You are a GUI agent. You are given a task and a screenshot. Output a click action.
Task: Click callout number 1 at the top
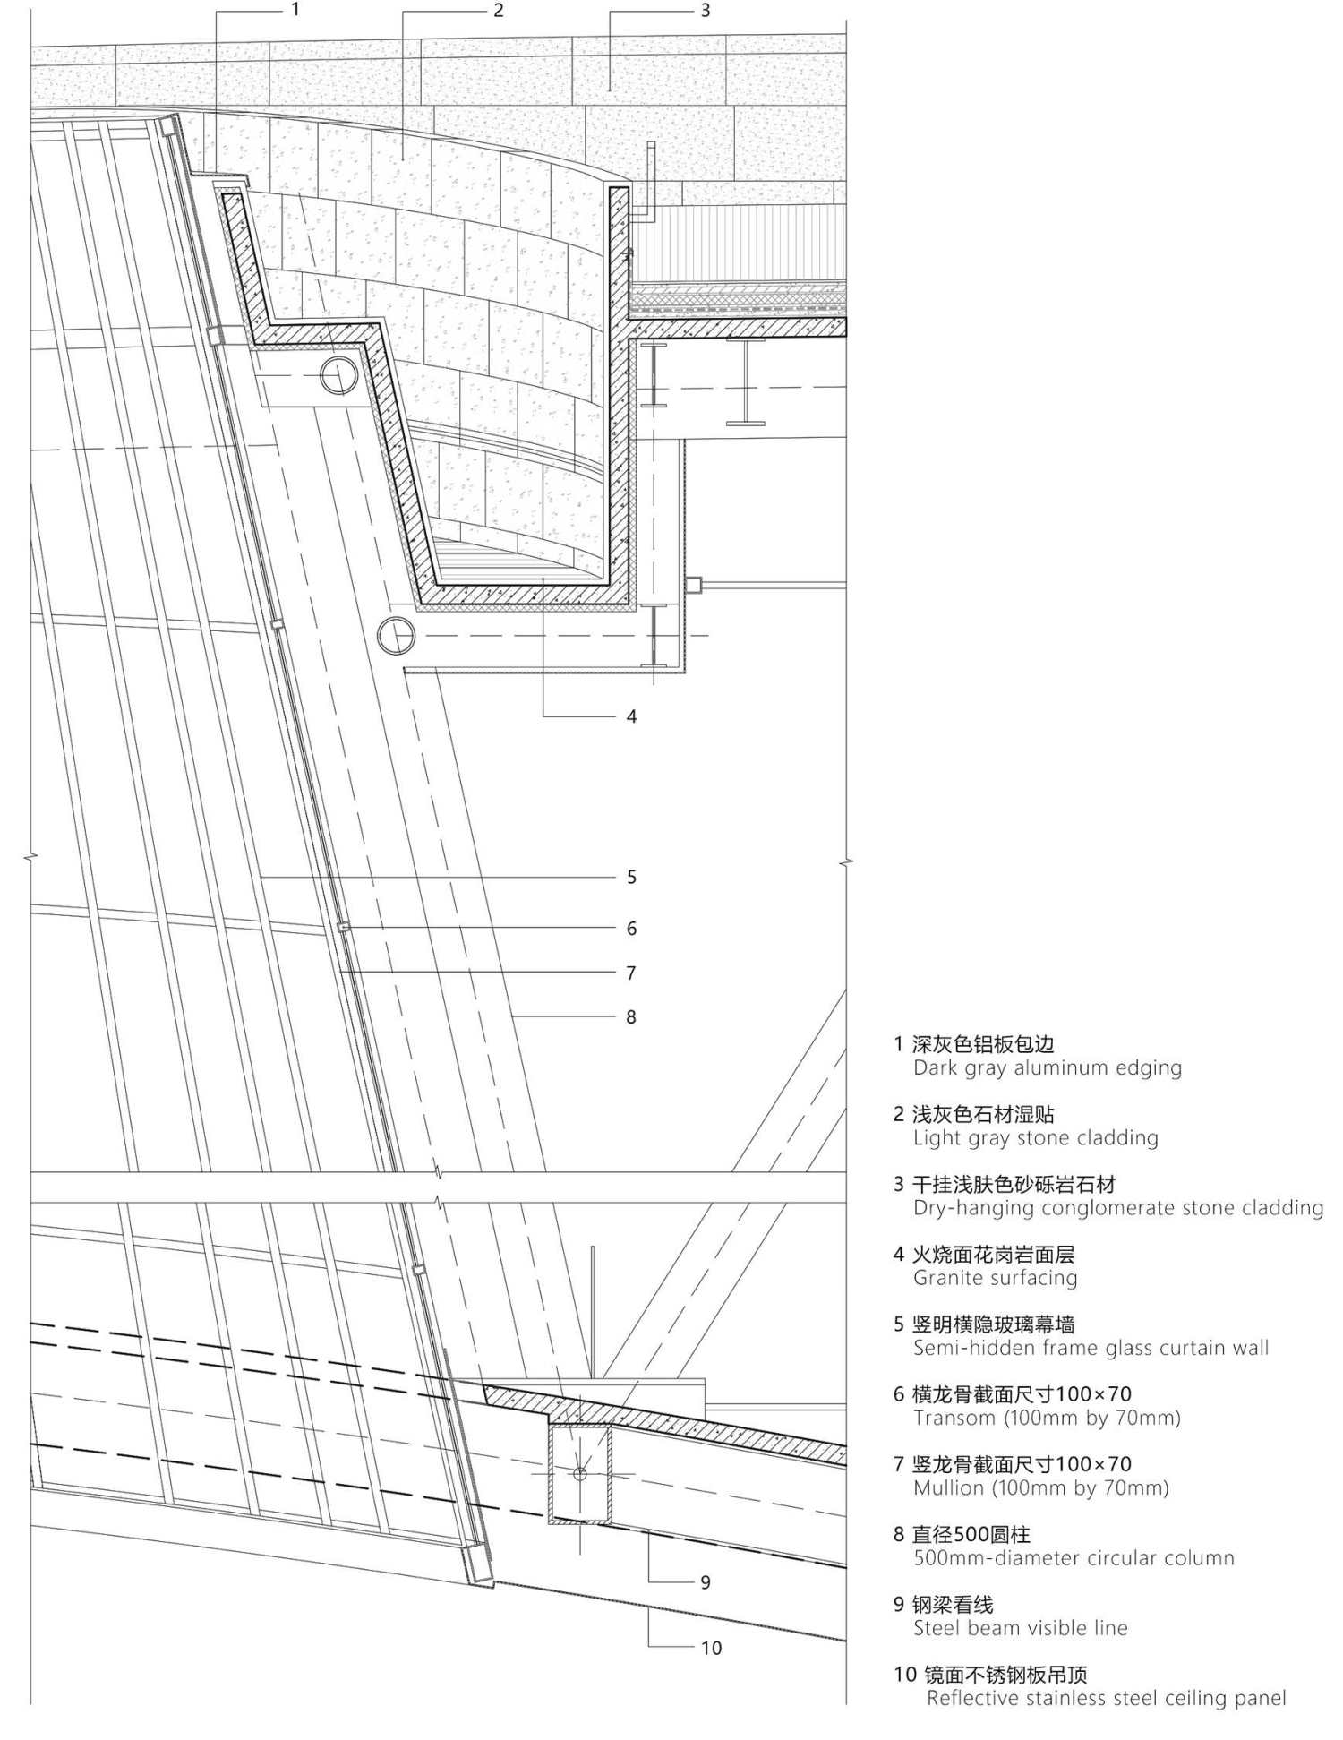pos(295,10)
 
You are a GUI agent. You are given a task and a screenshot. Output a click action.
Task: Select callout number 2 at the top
pos(499,10)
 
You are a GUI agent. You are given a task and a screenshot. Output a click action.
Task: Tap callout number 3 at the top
pos(706,10)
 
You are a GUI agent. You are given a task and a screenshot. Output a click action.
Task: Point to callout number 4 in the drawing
pos(631,716)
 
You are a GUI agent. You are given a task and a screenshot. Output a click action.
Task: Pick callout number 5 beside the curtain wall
pos(631,877)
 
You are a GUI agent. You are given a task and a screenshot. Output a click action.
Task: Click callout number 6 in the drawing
pos(631,929)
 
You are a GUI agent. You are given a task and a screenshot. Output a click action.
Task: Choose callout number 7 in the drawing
pos(631,973)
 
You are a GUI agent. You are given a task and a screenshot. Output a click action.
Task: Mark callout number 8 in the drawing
pos(631,1017)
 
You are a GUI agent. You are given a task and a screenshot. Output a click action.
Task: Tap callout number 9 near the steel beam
pos(706,1582)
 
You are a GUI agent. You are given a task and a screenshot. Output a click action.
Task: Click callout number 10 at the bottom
pos(711,1648)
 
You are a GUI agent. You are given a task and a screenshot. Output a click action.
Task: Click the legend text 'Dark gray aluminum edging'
pos(1048,1067)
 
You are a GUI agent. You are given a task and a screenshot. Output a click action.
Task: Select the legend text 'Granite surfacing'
pos(996,1278)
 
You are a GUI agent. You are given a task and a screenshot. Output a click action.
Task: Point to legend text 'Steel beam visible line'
pos(1021,1628)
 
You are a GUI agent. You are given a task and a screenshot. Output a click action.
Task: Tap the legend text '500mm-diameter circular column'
pos(1074,1558)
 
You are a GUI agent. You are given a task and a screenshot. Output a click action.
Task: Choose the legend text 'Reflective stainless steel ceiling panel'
pos(1107,1698)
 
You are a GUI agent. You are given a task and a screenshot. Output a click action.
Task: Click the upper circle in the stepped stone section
pos(339,376)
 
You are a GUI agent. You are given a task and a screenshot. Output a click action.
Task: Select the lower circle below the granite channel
pos(397,636)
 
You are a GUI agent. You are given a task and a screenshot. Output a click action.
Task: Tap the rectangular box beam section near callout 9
pos(580,1473)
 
